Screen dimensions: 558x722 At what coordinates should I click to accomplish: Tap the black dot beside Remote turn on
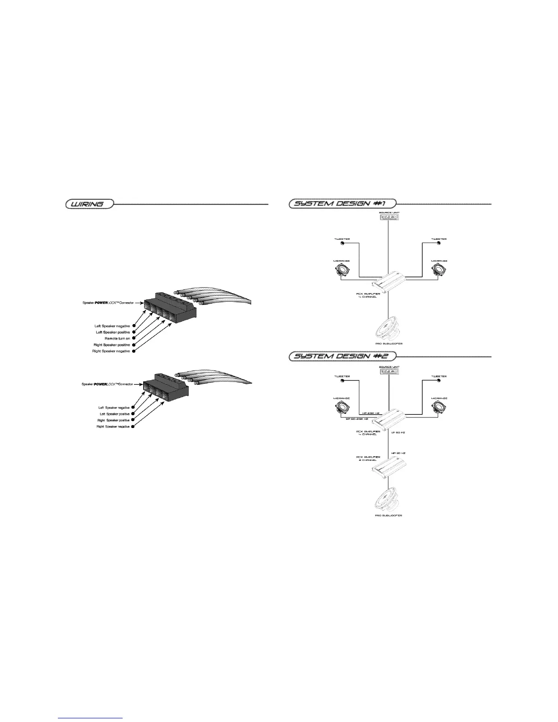(134, 339)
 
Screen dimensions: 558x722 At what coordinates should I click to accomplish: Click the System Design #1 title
(342, 203)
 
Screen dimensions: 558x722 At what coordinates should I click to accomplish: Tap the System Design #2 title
(342, 356)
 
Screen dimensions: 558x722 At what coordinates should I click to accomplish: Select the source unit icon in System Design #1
(389, 217)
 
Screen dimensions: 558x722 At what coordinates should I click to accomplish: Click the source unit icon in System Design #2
(389, 371)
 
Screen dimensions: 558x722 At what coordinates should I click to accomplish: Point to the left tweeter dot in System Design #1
(342, 243)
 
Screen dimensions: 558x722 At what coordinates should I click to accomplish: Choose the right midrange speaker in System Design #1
(439, 271)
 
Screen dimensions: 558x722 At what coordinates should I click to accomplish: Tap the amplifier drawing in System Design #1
(387, 283)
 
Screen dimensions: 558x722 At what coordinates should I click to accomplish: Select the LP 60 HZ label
(398, 433)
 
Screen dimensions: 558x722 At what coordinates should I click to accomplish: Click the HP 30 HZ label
(398, 453)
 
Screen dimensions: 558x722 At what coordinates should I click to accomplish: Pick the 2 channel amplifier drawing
(387, 468)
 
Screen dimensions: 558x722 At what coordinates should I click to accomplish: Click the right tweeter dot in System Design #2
(439, 382)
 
